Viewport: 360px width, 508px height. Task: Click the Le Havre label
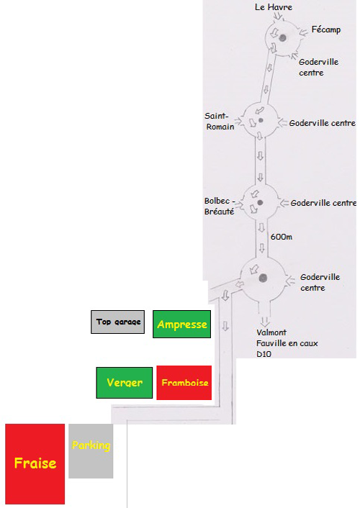pos(274,7)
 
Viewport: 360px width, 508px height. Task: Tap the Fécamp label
pos(326,30)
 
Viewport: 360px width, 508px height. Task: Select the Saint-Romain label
pos(220,121)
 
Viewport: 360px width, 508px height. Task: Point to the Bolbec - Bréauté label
pos(220,206)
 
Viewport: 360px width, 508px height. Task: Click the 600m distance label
pos(282,237)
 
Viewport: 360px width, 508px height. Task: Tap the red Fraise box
pos(35,463)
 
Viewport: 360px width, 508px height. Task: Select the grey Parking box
pos(91,451)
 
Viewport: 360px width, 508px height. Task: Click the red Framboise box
pos(184,383)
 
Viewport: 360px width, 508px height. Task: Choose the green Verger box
pos(125,383)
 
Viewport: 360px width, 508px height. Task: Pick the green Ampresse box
pos(182,325)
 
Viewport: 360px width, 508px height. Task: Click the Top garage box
pos(118,322)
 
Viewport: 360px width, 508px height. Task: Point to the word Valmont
pos(271,332)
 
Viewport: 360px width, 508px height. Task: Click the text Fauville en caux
pos(287,343)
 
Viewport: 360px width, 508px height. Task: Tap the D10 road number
pos(264,354)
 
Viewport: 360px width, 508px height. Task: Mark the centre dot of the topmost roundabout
pos(282,38)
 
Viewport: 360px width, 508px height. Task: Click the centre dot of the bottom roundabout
pos(263,278)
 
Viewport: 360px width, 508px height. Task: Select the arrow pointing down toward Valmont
pos(265,321)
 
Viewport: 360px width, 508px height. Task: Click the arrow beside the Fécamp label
pos(303,32)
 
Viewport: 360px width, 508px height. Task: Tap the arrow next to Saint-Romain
pos(238,121)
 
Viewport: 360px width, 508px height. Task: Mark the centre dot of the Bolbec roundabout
pos(260,202)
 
